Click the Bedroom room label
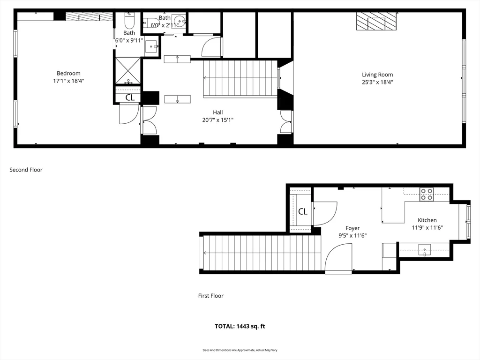68,73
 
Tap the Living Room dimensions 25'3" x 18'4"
377,82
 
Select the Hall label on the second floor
217,112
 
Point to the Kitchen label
427,220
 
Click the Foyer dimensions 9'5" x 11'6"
352,235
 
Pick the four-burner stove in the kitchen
427,194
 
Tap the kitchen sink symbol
425,250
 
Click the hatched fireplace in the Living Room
376,21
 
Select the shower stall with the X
127,70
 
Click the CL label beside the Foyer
303,211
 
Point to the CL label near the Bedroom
130,97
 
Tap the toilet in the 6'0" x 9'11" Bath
129,20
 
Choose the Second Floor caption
26,170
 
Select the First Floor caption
211,296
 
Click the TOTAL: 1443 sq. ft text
240,326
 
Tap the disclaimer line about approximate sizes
240,350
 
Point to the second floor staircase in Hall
240,78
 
